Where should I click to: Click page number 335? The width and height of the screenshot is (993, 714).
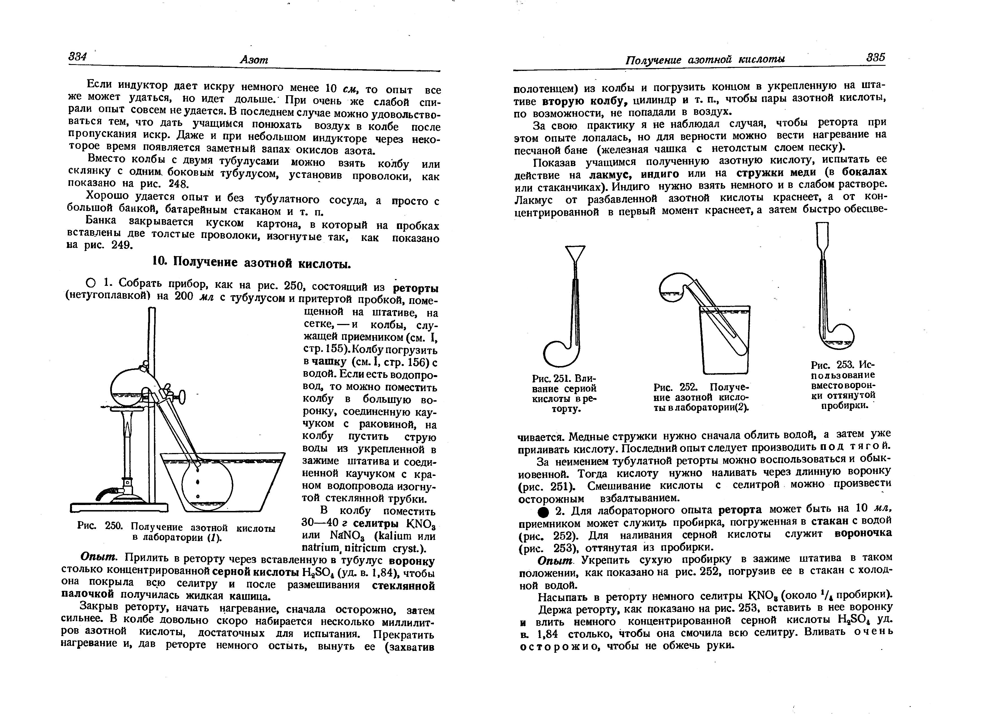(875, 57)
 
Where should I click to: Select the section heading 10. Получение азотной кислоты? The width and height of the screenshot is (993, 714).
(251, 263)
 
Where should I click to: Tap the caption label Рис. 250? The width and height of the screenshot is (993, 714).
(102, 527)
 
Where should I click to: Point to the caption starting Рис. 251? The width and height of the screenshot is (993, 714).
(564, 393)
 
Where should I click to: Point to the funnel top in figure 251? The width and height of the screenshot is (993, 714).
(575, 254)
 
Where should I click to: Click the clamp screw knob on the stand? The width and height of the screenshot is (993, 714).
(182, 397)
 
